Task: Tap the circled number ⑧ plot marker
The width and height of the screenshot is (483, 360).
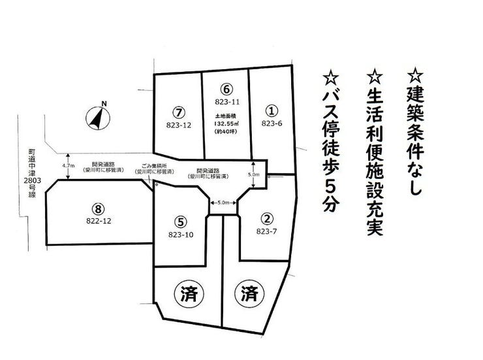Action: [97, 208]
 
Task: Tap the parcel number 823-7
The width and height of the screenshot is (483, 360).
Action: [266, 231]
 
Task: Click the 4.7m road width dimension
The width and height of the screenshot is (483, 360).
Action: [67, 166]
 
